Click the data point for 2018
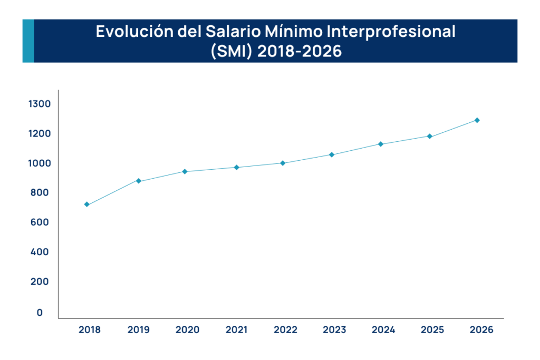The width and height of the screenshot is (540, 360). click(86, 205)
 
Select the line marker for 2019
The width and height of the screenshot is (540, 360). click(139, 181)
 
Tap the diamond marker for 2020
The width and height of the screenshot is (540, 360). click(185, 171)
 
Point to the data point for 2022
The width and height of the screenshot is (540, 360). click(283, 163)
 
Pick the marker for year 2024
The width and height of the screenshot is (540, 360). click(380, 144)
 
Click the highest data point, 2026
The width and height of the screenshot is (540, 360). click(477, 120)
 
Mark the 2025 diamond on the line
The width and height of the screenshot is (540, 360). click(430, 137)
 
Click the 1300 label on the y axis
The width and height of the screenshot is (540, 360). click(39, 104)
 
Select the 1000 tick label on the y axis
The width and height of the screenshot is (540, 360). click(39, 163)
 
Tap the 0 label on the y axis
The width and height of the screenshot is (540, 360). click(40, 313)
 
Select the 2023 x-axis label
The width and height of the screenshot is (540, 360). click(334, 330)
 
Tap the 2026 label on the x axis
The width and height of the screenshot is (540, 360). click(481, 330)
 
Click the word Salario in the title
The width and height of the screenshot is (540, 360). click(207, 32)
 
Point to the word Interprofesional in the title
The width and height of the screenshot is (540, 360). click(391, 32)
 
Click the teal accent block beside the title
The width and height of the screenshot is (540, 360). click(28, 41)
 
